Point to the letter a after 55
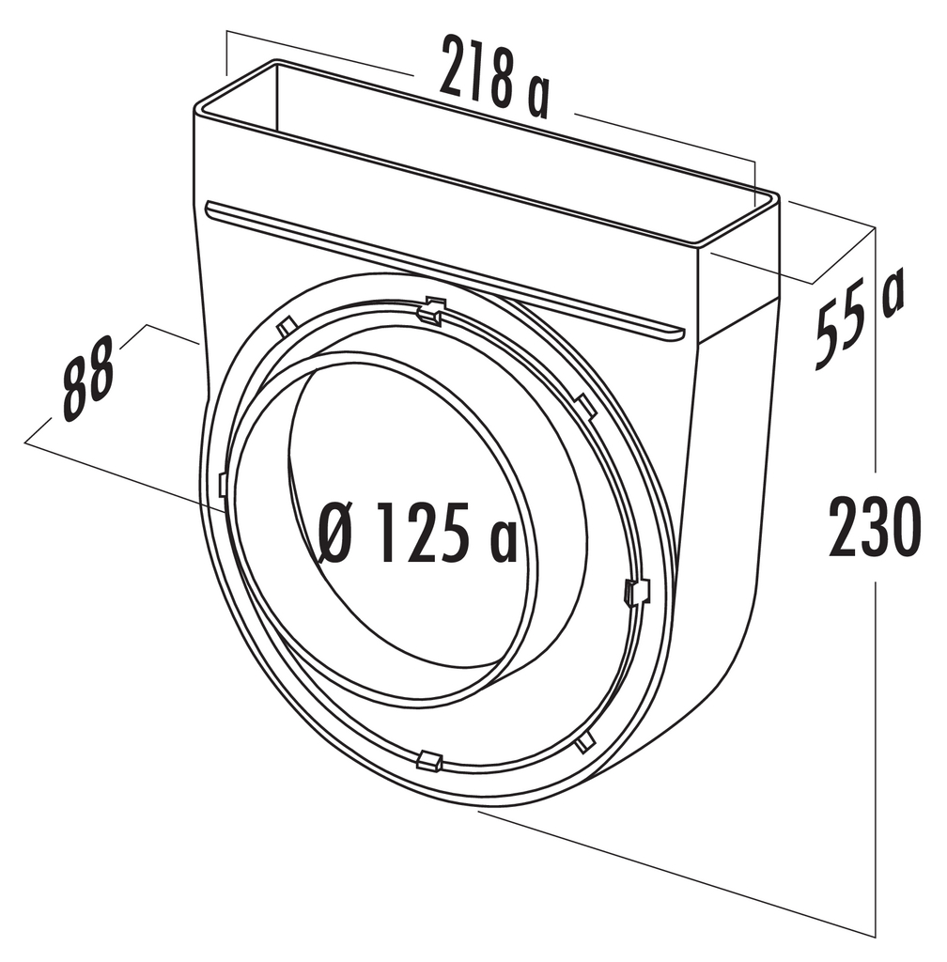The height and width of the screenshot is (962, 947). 891,292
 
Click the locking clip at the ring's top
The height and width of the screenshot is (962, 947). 431,311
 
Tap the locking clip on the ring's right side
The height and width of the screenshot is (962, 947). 636,591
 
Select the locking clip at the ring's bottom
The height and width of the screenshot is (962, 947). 428,759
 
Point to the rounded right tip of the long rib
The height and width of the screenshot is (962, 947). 678,330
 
